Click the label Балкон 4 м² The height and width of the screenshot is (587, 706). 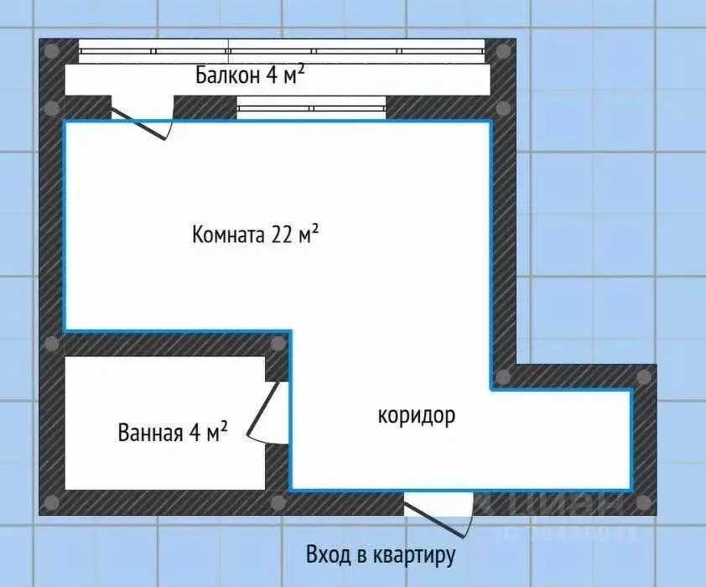coord(249,75)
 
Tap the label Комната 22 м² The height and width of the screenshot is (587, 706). coord(255,234)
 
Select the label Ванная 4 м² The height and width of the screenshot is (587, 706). coord(173,433)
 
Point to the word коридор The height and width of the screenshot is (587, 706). coord(417,414)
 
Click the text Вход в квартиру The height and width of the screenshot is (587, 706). coord(380,554)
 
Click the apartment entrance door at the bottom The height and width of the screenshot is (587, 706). coord(439,510)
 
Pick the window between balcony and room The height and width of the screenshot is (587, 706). coord(311,107)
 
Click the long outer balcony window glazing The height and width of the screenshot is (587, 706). coord(281,51)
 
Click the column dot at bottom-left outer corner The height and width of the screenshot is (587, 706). coord(52,502)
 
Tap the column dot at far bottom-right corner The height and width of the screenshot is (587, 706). coord(643,502)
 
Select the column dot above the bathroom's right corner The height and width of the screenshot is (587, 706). coord(278,343)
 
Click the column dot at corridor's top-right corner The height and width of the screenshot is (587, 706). coord(643,377)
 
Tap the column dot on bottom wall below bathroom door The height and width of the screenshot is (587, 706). coord(278,502)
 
